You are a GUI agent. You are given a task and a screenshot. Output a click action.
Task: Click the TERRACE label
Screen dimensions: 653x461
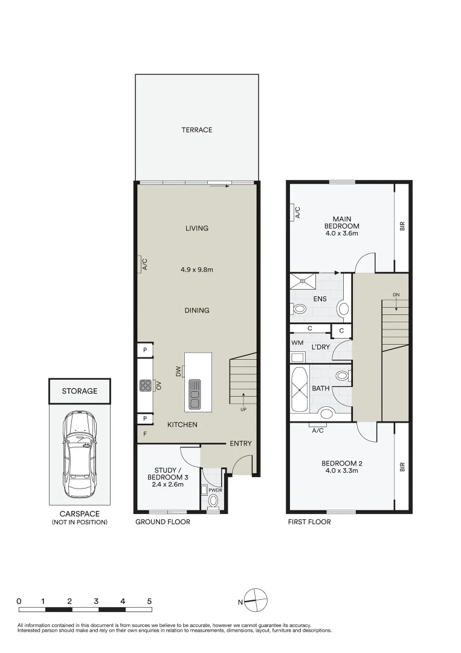[197, 130]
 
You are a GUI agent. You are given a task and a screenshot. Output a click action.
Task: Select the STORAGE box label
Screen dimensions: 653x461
[80, 391]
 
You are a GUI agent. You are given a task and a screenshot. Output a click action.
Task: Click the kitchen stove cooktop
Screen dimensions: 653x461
[145, 385]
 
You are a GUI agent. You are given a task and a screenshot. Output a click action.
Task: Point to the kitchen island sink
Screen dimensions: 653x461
[195, 393]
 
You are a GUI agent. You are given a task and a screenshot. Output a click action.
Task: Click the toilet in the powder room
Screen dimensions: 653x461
[212, 502]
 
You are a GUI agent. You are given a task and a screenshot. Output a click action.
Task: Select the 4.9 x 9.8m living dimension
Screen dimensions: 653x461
[197, 270]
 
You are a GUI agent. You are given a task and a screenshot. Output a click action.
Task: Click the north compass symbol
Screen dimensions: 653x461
[256, 601]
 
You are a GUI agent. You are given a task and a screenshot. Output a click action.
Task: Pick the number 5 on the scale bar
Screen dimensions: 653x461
[149, 601]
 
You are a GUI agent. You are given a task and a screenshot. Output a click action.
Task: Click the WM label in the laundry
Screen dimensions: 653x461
[297, 343]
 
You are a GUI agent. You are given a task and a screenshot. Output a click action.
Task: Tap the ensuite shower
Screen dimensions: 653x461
[302, 279]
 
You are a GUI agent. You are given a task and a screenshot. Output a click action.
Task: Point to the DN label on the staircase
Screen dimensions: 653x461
[396, 295]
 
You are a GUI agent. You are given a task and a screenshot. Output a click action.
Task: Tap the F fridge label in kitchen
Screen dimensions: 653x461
[145, 434]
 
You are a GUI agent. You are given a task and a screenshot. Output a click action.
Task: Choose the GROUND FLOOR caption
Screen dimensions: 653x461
[163, 522]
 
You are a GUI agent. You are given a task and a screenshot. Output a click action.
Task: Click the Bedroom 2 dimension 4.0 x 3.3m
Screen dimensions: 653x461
[342, 471]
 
